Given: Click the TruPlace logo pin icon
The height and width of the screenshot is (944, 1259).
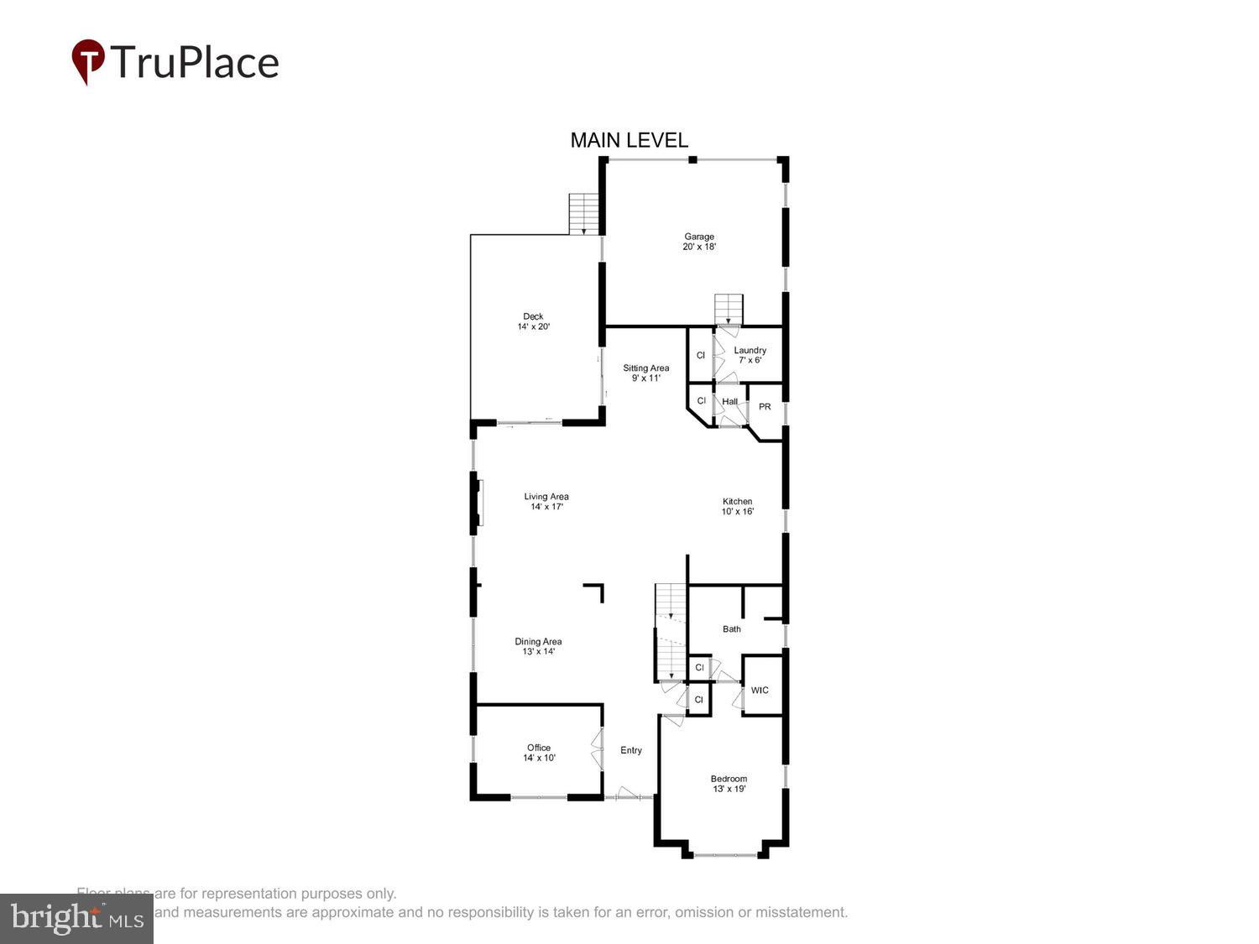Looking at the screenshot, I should click(88, 61).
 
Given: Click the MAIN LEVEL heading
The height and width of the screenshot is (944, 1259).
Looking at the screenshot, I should click(629, 140).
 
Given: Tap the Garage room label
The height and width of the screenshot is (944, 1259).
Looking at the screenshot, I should click(698, 242).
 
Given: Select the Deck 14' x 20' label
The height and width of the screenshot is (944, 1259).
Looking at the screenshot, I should click(533, 321).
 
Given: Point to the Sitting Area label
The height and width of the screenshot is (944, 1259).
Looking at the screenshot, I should click(645, 373).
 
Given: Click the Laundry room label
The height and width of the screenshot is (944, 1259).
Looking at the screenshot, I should click(750, 355).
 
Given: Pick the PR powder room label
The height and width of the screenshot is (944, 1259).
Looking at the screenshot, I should click(765, 407).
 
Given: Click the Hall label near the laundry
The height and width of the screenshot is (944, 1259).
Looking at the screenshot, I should click(730, 402).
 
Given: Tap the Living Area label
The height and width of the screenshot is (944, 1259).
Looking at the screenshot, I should click(546, 501).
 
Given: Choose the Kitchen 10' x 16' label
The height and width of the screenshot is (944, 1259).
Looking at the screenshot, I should click(737, 506).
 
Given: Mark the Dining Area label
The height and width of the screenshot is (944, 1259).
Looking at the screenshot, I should click(538, 646).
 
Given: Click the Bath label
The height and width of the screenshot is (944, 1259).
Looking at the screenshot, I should click(732, 628).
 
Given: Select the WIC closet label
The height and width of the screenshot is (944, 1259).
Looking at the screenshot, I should click(760, 691).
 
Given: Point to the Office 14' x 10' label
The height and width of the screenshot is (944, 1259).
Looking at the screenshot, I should click(539, 753).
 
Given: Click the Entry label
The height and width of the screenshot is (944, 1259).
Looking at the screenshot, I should click(631, 750).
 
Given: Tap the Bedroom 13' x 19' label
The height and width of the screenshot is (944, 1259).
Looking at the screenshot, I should click(729, 784).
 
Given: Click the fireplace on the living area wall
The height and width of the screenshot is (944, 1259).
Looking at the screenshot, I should click(479, 502).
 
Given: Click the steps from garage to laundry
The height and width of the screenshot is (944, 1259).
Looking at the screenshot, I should click(729, 309).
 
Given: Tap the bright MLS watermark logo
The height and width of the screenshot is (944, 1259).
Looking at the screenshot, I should click(76, 918).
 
